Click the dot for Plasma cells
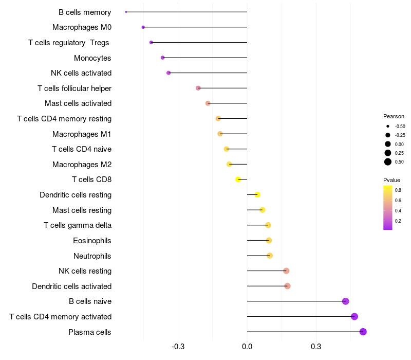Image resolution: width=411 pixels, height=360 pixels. (x=363, y=332)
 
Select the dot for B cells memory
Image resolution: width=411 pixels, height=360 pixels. (x=126, y=12)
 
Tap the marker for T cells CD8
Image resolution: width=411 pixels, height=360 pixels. (x=238, y=179)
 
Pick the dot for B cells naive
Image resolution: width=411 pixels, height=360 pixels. (x=345, y=301)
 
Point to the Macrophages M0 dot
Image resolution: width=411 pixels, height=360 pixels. (x=143, y=27)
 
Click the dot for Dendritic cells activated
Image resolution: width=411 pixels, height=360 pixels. (x=287, y=286)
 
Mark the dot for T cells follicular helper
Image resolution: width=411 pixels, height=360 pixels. (x=198, y=88)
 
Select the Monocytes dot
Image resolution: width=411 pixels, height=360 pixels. (x=163, y=58)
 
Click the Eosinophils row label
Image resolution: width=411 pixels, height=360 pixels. (x=92, y=241)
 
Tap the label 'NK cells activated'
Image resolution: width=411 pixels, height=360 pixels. (x=81, y=73)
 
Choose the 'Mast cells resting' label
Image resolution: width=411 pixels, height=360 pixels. (x=82, y=210)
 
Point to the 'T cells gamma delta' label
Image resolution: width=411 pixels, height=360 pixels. (x=78, y=225)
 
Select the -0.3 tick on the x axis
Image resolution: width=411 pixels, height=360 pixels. (x=178, y=347)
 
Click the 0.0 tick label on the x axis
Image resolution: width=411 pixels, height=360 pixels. (x=247, y=347)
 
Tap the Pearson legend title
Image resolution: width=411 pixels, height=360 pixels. (x=394, y=116)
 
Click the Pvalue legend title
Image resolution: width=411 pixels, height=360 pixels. (x=391, y=180)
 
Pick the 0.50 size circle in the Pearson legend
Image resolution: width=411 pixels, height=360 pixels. (x=388, y=162)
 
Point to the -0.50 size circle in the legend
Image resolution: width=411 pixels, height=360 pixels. (x=388, y=126)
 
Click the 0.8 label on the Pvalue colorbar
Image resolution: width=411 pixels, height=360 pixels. (x=398, y=190)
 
